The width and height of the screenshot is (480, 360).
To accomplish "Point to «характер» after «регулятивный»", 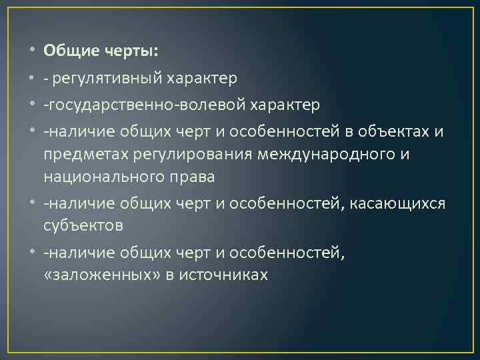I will (x=198, y=79).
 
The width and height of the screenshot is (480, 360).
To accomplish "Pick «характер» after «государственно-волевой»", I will (x=287, y=105).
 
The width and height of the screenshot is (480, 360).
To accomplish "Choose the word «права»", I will (x=192, y=178).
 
